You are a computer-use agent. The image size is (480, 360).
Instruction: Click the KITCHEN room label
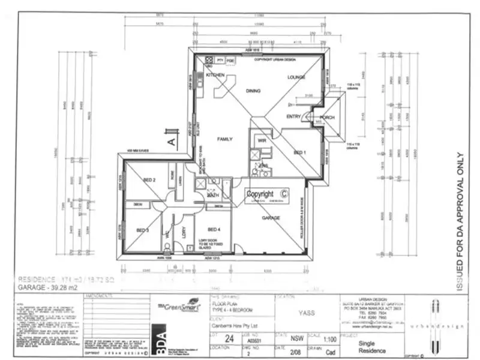(215, 75)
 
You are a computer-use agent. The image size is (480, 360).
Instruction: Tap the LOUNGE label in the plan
(296, 77)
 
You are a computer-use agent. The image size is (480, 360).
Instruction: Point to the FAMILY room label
(224, 139)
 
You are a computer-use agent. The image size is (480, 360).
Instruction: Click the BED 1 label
(301, 153)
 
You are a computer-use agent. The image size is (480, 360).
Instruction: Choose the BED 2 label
(149, 180)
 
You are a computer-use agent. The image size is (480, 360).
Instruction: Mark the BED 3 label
(143, 230)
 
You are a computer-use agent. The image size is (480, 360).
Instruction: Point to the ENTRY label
(294, 116)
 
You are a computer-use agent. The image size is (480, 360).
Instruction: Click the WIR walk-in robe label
(262, 140)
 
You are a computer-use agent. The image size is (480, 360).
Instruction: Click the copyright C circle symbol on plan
(284, 194)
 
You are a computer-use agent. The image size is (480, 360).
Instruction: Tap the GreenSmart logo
(177, 304)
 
